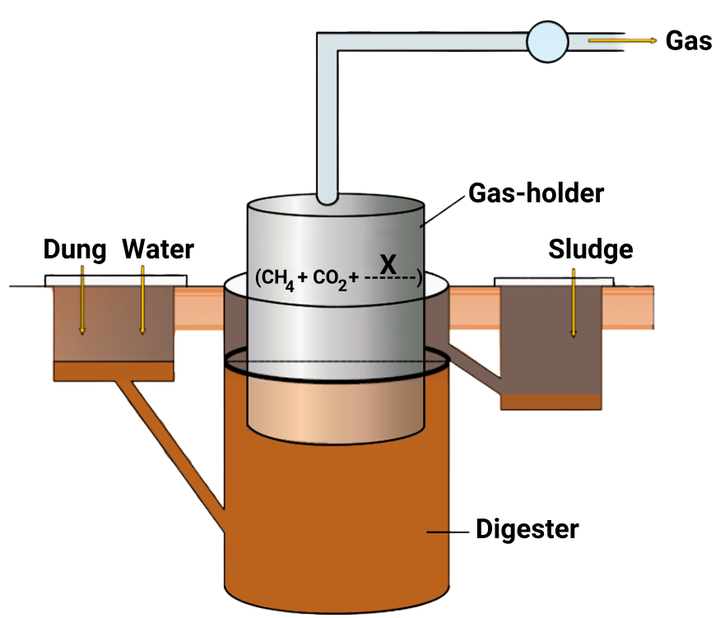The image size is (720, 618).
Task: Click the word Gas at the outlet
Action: point(688,41)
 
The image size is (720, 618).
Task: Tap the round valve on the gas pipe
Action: point(547,41)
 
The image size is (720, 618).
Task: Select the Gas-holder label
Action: point(537,193)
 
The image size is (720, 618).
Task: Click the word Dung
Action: point(75,249)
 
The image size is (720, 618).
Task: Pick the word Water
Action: point(158,249)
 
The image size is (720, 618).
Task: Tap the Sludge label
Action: point(590,249)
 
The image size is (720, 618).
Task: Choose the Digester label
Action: point(527,528)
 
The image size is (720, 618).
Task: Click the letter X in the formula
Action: point(389,264)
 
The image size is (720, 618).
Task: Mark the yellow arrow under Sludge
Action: point(574,309)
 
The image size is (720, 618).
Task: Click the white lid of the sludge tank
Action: point(553,281)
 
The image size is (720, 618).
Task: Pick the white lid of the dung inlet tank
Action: point(116,281)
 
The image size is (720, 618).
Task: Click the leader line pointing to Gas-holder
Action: point(444,208)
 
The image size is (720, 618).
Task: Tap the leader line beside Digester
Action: point(448,532)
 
